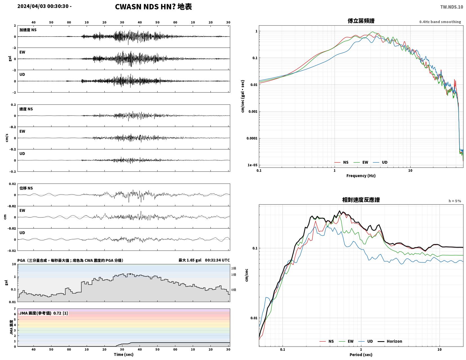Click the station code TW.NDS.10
pyautogui.click(x=452, y=7)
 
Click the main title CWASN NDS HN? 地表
pyautogui.click(x=153, y=7)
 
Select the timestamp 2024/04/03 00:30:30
pyautogui.click(x=43, y=6)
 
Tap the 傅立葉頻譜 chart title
pyautogui.click(x=361, y=21)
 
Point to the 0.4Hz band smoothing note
pyautogui.click(x=440, y=22)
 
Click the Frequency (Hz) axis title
pyautogui.click(x=361, y=176)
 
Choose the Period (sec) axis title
pyautogui.click(x=361, y=354)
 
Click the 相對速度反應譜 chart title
pyautogui.click(x=361, y=200)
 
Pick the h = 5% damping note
pyautogui.click(x=455, y=201)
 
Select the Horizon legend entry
pyautogui.click(x=390, y=341)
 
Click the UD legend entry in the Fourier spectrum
pyautogui.click(x=380, y=162)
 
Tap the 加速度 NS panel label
pyautogui.click(x=28, y=30)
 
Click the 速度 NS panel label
pyautogui.click(x=26, y=109)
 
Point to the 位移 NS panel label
pyautogui.click(x=26, y=188)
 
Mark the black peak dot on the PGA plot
pyautogui.click(x=130, y=274)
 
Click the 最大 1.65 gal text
pyautogui.click(x=190, y=260)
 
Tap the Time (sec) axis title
pyautogui.click(x=124, y=354)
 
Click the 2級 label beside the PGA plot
pyautogui.click(x=234, y=268)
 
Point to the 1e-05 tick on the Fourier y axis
pyautogui.click(x=252, y=165)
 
